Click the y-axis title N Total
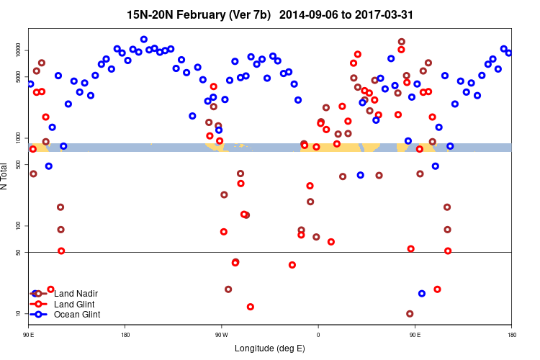(x=5, y=176)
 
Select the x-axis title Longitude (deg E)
(x=270, y=348)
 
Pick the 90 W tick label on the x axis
(x=221, y=335)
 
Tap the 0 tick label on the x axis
(x=318, y=335)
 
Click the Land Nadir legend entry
(x=76, y=294)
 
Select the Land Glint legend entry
(x=75, y=304)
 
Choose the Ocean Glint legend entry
(x=77, y=315)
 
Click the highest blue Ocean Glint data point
(x=144, y=40)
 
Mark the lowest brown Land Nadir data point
(x=410, y=314)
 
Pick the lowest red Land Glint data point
(x=251, y=307)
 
